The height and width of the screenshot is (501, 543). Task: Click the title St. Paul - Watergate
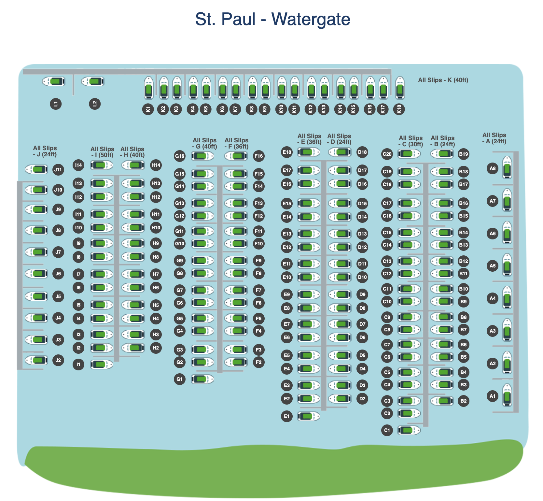click(272, 19)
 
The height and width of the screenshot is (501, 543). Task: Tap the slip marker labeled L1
click(56, 104)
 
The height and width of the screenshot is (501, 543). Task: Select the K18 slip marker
click(399, 109)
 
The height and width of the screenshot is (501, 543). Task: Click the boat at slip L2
click(93, 81)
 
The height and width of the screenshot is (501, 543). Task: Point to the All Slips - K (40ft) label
click(443, 80)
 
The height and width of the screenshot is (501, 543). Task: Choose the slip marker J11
click(58, 170)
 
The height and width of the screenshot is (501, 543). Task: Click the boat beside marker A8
click(507, 167)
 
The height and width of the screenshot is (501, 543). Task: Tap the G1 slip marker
click(180, 379)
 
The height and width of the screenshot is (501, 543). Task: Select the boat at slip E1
click(308, 416)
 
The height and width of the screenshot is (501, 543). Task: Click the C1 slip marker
click(387, 430)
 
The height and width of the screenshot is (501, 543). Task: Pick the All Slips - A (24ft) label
click(494, 138)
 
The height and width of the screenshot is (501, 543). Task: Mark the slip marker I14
click(78, 165)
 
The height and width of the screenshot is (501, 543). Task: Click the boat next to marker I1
click(102, 365)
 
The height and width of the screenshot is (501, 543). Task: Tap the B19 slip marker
click(464, 154)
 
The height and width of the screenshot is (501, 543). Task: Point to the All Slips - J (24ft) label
click(45, 151)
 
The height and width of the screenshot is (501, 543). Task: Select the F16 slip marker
click(259, 156)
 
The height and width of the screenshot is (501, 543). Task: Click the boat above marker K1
click(148, 88)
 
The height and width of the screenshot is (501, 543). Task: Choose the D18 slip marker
click(362, 152)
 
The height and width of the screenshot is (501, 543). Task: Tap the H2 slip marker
click(156, 348)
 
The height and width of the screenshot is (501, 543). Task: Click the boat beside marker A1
click(507, 395)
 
